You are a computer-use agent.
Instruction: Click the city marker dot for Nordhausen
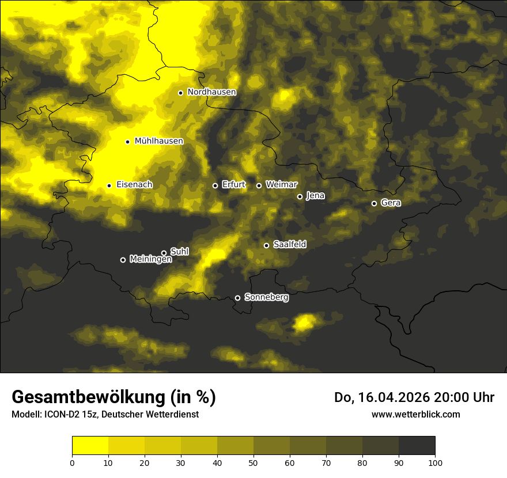coord(180,93)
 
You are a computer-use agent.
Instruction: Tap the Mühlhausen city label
coord(158,141)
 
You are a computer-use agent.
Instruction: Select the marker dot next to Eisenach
coord(109,185)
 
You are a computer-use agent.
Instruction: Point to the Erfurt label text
coord(233,185)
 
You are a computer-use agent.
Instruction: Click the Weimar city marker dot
coord(259,185)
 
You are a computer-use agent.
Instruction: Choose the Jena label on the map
coord(315,196)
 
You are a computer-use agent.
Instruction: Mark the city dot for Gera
coord(374,203)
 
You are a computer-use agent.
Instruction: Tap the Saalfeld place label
coord(289,245)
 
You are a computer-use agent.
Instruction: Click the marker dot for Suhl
coord(164,253)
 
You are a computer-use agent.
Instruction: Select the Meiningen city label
coord(150,260)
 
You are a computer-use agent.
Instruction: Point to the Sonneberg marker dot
coord(237,298)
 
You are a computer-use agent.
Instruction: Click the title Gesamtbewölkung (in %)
coord(113,397)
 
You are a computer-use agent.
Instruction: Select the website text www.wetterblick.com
coord(415,414)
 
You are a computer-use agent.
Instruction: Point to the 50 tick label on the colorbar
coord(253,462)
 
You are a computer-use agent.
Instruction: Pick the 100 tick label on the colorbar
coord(434,462)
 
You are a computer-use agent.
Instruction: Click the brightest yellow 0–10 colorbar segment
coord(90,445)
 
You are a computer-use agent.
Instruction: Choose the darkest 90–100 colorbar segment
coord(417,445)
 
